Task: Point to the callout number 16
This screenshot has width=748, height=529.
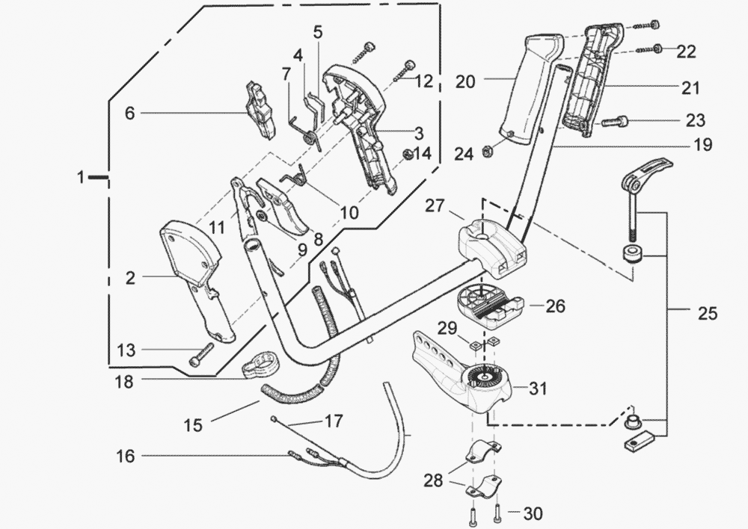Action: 126,455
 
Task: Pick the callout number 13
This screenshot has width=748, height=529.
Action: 127,350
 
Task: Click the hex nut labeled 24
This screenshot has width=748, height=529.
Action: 485,152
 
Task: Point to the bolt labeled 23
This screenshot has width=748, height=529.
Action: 613,121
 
